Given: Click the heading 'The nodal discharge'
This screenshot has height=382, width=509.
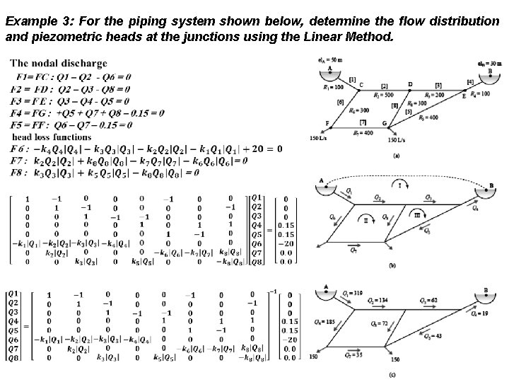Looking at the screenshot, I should coord(59,64).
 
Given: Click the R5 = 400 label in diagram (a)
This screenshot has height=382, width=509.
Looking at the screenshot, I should coord(428,117).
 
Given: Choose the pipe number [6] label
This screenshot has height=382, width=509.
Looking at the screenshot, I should coord(340,103).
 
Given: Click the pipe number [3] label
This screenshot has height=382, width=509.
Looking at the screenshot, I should coord(438,84).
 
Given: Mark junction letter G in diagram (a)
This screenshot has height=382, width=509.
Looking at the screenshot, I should coord(385,125).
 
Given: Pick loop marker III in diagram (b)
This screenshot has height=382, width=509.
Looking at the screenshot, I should coord(417,214).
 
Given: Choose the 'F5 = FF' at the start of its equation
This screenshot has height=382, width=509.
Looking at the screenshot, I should coord(25,125).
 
